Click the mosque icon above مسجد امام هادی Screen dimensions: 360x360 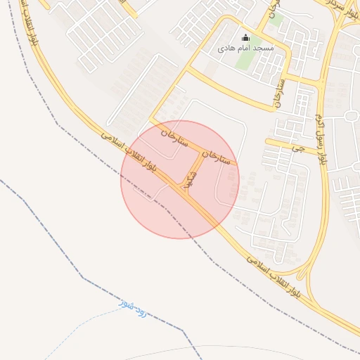tap(245, 38)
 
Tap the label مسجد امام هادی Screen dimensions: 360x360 tap(245, 49)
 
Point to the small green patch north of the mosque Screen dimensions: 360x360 tap(276, 19)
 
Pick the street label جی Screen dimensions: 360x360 tap(301, 149)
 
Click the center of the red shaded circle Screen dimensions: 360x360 tap(180, 180)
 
